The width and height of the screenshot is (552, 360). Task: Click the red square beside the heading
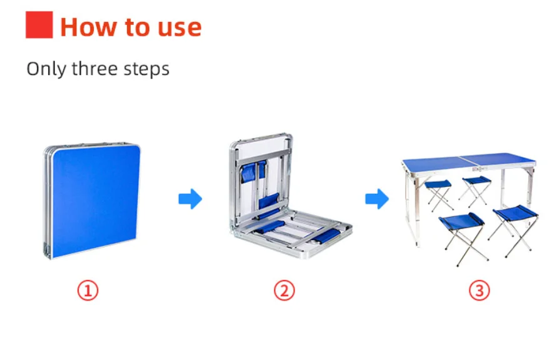[39, 24]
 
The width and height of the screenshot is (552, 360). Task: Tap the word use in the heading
[179, 28]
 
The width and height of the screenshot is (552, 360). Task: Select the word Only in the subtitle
[46, 69]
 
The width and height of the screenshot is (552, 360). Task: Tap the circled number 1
[88, 291]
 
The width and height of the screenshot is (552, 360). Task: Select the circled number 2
[284, 291]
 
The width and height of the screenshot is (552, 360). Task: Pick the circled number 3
[479, 291]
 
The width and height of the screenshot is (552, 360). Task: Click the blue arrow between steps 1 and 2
[190, 199]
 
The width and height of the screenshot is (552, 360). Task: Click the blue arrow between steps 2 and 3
[377, 199]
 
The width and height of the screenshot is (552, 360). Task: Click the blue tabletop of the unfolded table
[469, 161]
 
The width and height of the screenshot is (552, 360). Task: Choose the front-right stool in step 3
[514, 229]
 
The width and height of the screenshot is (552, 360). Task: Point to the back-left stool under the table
[439, 194]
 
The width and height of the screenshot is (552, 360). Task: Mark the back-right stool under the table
[476, 190]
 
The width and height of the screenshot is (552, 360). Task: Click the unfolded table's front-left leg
[413, 207]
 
